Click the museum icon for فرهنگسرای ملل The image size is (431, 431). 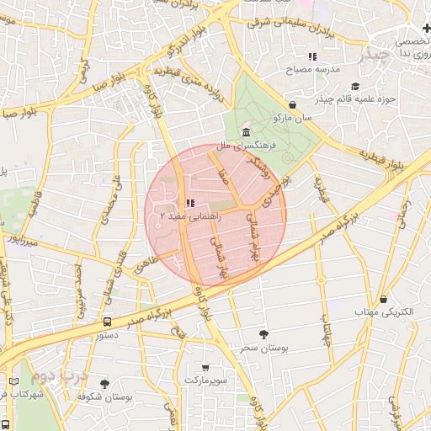tap(245, 134)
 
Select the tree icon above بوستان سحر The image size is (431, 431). tap(263, 334)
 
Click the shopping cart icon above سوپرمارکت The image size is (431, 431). tap(206, 368)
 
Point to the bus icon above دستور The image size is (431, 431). tap(107, 321)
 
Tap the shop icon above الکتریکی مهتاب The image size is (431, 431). tap(384, 299)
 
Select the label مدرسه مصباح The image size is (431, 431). tap(312, 70)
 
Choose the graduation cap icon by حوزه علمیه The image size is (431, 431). tap(354, 86)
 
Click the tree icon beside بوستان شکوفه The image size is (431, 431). tap(104, 383)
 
